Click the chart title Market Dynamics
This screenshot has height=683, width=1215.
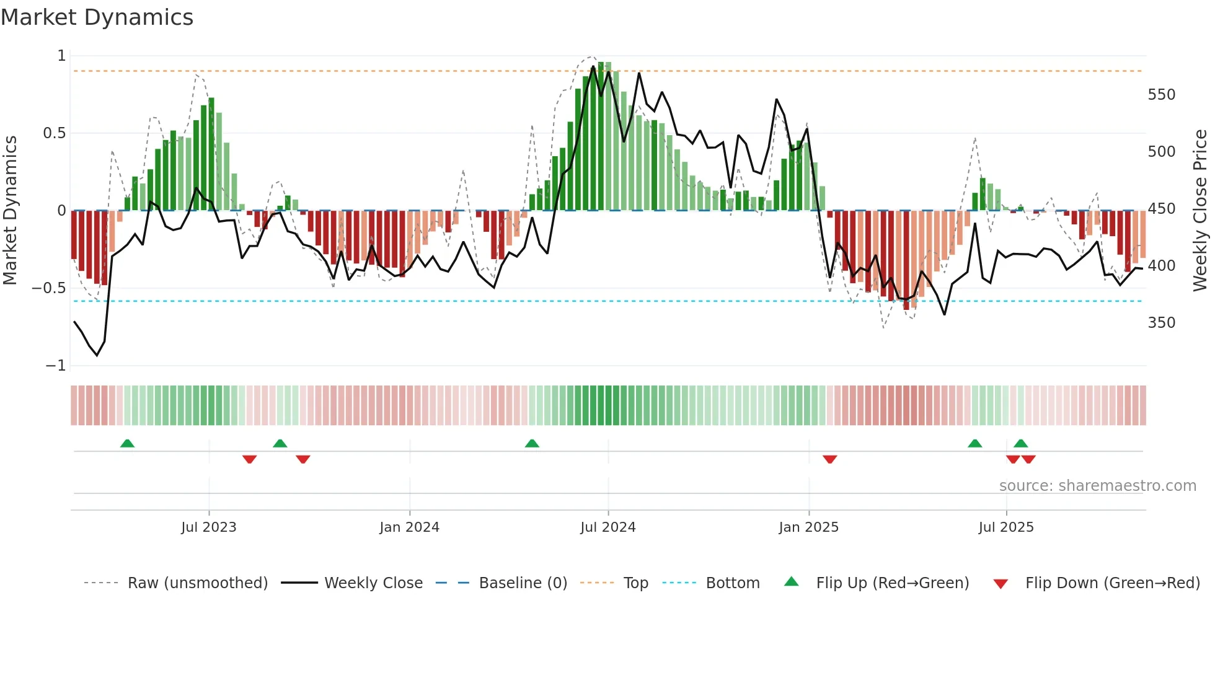[x=97, y=17]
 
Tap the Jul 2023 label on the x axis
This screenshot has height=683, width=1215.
[x=209, y=527]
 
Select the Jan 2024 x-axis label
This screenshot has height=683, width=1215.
[x=409, y=527]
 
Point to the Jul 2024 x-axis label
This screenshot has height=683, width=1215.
[x=608, y=527]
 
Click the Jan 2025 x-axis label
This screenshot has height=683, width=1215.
[x=808, y=527]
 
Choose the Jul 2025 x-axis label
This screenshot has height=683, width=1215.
[x=1006, y=527]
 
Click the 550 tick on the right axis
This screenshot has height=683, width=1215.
[x=1162, y=95]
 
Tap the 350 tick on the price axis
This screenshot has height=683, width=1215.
[x=1162, y=323]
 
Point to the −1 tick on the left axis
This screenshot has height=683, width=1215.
[x=56, y=366]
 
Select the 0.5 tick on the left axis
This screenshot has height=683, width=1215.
[x=54, y=133]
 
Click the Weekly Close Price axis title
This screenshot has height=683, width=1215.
[x=1200, y=210]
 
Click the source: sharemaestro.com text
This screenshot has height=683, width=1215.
[x=1097, y=486]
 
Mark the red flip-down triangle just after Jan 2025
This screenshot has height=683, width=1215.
[x=830, y=459]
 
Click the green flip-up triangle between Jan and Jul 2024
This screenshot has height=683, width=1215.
[x=532, y=443]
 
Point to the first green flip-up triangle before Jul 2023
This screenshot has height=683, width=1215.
[x=127, y=443]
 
